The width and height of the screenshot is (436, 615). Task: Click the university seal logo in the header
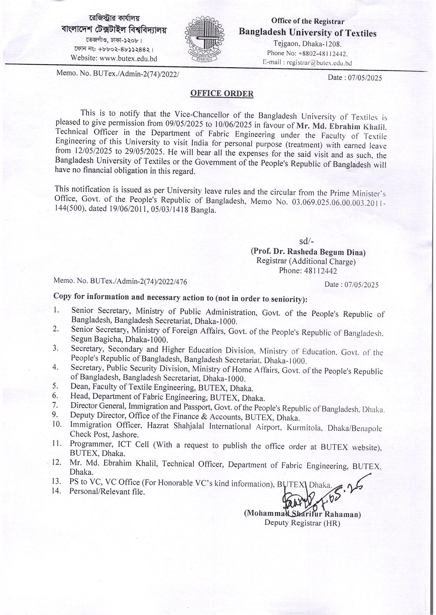pyautogui.click(x=204, y=40)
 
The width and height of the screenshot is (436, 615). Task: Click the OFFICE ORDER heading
pyautogui.click(x=222, y=93)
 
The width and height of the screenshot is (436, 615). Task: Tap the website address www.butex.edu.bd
pyautogui.click(x=128, y=59)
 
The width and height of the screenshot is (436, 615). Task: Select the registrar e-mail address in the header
pyautogui.click(x=319, y=63)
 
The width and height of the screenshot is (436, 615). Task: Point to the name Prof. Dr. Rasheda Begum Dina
pyautogui.click(x=308, y=252)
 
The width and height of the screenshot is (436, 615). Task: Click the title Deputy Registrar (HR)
pyautogui.click(x=302, y=523)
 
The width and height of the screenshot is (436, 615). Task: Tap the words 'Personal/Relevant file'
pyautogui.click(x=107, y=491)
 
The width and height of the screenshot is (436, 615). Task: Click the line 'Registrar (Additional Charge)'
pyautogui.click(x=306, y=261)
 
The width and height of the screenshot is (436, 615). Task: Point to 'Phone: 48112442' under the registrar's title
pyautogui.click(x=308, y=271)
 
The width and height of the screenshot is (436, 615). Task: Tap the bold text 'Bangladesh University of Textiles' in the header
pyautogui.click(x=307, y=33)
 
